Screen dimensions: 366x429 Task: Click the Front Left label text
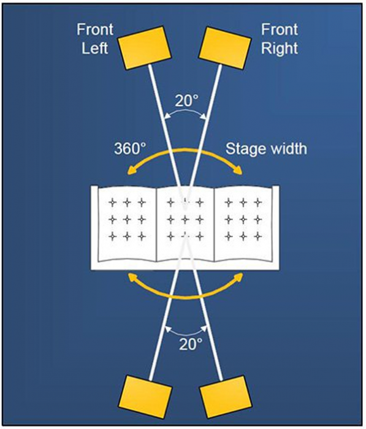tap(94, 39)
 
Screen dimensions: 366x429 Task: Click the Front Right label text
tap(279, 39)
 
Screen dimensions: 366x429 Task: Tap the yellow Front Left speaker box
tap(144, 48)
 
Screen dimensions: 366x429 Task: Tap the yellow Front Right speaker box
tap(225, 48)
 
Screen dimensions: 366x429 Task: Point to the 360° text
tap(130, 149)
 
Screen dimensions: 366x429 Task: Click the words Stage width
tap(266, 149)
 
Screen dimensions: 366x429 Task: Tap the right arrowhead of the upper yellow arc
tap(238, 170)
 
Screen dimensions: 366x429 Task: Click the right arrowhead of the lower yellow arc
tap(238, 277)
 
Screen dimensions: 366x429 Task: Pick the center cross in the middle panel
tap(185, 219)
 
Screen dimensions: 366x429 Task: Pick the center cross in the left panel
tap(127, 219)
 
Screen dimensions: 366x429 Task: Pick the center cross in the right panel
tap(243, 219)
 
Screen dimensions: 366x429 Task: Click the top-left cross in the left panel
tap(112, 203)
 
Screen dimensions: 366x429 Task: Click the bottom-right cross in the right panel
tap(258, 236)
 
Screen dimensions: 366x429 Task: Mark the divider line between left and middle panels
tap(156, 224)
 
